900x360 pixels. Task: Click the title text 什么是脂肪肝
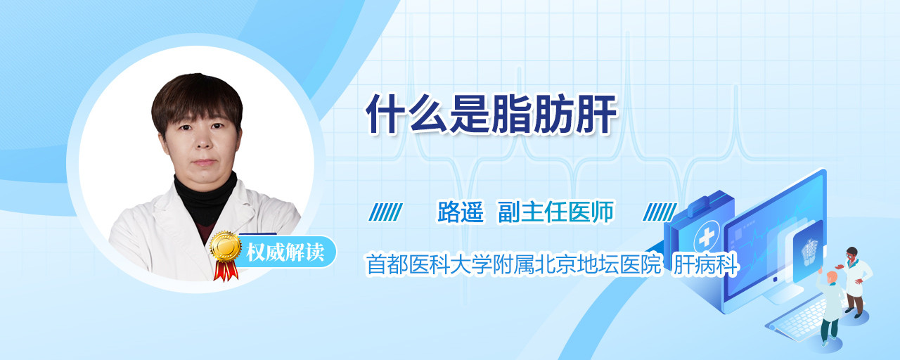coord(491,114)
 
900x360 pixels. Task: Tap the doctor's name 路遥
coord(461,212)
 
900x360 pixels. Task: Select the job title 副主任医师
coord(556,212)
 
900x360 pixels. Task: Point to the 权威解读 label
coord(285,252)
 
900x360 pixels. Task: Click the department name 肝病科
coord(706,264)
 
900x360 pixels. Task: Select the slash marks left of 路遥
coord(386,212)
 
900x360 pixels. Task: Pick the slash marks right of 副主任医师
coord(660,212)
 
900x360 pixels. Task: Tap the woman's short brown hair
coord(197,101)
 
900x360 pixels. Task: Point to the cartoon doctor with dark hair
coord(855,281)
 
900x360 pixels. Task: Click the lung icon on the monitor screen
coord(809,252)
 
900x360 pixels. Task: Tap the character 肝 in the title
coord(596,114)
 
